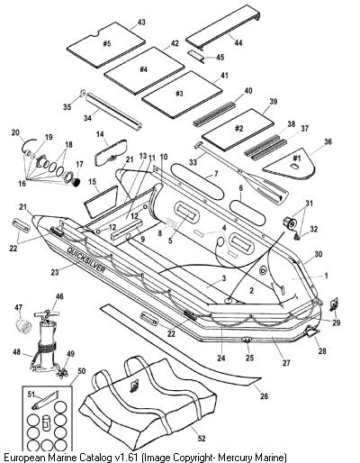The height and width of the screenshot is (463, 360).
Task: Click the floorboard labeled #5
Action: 106,45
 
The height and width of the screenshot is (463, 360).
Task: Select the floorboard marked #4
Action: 144,70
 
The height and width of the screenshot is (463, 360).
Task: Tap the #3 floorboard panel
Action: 182,95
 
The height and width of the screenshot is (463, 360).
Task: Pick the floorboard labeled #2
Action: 238,130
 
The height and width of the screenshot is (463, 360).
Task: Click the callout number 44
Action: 238,43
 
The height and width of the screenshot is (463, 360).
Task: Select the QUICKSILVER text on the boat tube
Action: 86,260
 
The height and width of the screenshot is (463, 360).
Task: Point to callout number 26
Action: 264,396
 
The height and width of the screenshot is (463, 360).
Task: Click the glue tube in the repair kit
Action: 45,400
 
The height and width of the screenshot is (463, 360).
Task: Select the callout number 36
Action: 328,141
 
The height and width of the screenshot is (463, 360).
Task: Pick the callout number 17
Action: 79,164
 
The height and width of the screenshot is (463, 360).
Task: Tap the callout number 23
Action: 55,272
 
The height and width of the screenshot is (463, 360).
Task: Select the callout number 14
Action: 100,133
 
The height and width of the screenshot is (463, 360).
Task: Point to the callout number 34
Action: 87,118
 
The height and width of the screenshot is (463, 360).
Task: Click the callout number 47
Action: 19,307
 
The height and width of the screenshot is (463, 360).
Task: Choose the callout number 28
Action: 322,350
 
